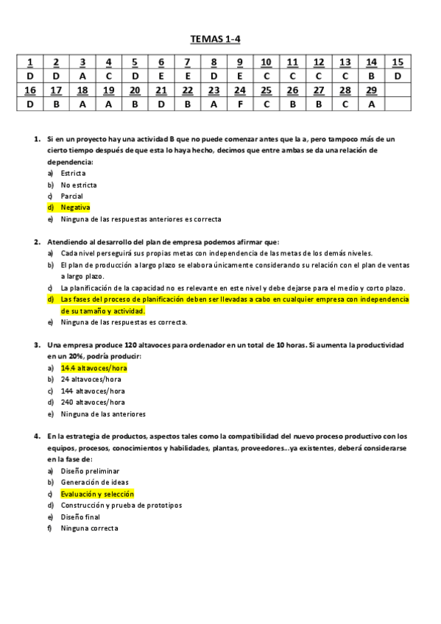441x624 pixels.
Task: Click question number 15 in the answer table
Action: pos(398,62)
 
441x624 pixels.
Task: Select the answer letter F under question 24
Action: pos(240,104)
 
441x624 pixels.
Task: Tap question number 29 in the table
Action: pos(371,90)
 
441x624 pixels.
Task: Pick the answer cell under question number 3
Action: pos(82,76)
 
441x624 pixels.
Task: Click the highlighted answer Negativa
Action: pos(75,208)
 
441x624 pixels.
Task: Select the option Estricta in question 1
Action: pos(73,173)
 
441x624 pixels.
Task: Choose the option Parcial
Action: pos(71,196)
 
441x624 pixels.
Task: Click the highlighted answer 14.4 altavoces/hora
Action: pos(94,368)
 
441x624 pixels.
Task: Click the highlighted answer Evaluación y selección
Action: pos(97,494)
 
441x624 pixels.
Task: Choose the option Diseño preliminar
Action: pos(90,471)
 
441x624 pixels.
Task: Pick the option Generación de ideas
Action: pos(94,483)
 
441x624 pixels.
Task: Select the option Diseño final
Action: pos(80,517)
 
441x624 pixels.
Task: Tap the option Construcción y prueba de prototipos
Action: pos(121,506)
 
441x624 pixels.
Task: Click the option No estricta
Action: pos(79,185)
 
